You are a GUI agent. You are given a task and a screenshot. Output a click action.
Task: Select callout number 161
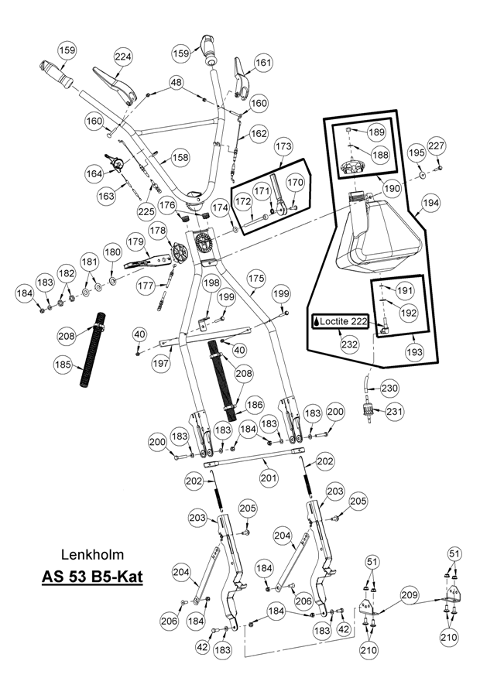pyautogui.click(x=264, y=63)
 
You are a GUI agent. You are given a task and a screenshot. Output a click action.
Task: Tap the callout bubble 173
pyautogui.click(x=283, y=146)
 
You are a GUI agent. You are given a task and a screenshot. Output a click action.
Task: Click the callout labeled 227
pyautogui.click(x=437, y=146)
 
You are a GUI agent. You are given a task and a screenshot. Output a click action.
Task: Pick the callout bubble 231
pyautogui.click(x=394, y=411)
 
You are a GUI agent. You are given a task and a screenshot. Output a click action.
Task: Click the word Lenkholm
pyautogui.click(x=92, y=555)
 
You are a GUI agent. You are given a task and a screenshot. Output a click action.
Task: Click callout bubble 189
pyautogui.click(x=376, y=132)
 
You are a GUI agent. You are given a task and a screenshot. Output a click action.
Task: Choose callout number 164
pyautogui.click(x=94, y=174)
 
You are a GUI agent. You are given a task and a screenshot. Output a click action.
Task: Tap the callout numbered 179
pyautogui.click(x=135, y=242)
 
